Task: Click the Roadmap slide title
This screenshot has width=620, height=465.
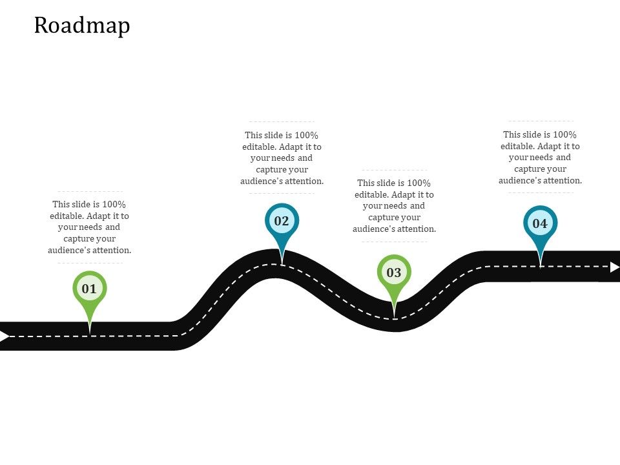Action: [x=82, y=25]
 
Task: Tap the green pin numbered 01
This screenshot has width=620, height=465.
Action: [x=89, y=289]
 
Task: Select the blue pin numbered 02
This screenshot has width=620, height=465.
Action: [x=282, y=221]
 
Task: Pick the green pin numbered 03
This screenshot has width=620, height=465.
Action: [x=394, y=273]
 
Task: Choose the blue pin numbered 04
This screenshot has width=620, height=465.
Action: [x=540, y=224]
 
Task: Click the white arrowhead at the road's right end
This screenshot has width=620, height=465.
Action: [x=614, y=266]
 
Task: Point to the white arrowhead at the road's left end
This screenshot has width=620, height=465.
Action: [x=5, y=336]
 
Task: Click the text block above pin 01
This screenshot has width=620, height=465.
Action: [x=89, y=227]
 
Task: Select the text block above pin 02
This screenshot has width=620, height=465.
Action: [x=282, y=158]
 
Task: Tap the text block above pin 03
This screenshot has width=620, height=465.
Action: [x=394, y=206]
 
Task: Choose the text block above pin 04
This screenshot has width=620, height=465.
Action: [x=540, y=158]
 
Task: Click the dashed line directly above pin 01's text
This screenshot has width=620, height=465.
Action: [x=90, y=191]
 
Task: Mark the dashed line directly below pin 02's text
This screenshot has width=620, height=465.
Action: [x=282, y=193]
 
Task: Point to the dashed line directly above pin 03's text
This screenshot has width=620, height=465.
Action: [x=394, y=170]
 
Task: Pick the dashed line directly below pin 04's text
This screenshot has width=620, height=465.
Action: [x=540, y=192]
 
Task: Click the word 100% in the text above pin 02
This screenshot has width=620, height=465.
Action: [x=307, y=135]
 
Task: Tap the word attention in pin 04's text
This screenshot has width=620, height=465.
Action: [x=561, y=181]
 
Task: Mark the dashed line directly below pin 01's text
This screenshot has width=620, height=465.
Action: [x=90, y=263]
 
